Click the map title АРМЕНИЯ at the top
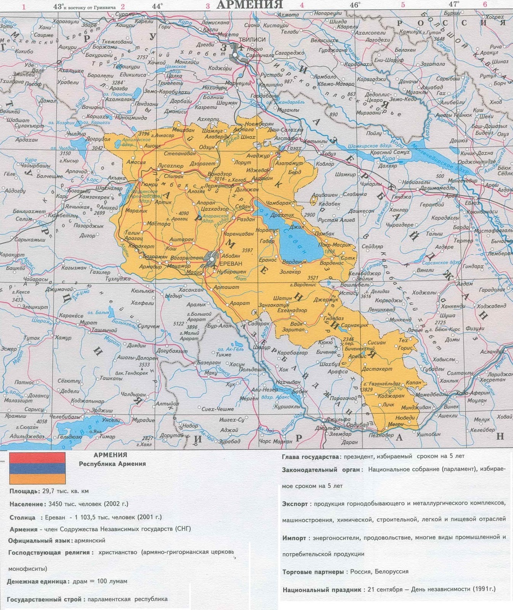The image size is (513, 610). pos(250,5)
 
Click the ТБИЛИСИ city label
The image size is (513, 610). pos(252,40)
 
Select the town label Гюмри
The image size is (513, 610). pos(149,184)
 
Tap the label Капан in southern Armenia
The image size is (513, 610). pos(414,382)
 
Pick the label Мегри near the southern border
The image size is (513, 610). pos(396,424)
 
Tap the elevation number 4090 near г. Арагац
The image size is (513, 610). pos(184,213)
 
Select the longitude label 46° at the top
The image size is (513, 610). pos(355,5)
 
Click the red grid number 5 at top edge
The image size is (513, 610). pos(403,5)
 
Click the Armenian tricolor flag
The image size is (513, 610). pos(37,468)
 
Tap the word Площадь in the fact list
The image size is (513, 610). pos(23,491)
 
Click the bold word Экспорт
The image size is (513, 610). pos(295,504)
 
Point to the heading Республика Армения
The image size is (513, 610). pos(112,464)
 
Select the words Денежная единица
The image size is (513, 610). pos(38,581)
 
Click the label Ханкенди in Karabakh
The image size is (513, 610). pos(453,306)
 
